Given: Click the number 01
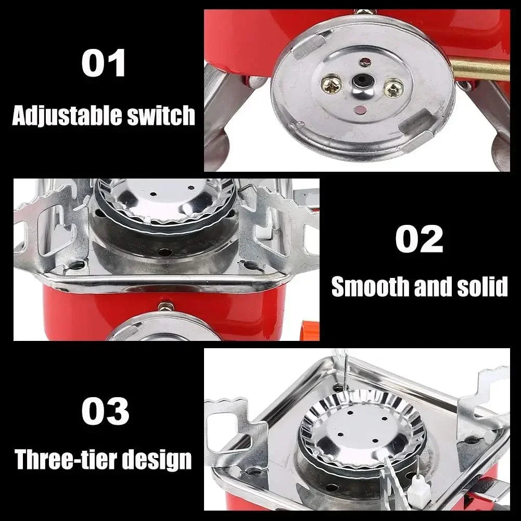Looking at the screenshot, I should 103,64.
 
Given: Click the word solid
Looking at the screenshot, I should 481,287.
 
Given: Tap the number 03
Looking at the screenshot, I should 105,412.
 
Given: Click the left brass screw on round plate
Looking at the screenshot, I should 331,82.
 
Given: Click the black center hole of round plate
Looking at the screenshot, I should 360,81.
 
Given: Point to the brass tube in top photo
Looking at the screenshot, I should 479,70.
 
